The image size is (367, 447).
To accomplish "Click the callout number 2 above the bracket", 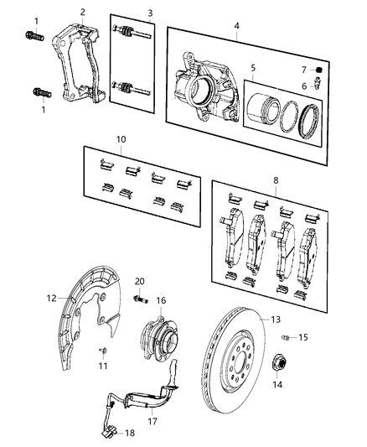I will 82,12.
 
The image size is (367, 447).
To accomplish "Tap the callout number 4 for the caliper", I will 237,26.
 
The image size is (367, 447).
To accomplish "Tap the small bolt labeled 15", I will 286,338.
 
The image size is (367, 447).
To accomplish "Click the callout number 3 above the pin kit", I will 149,13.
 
